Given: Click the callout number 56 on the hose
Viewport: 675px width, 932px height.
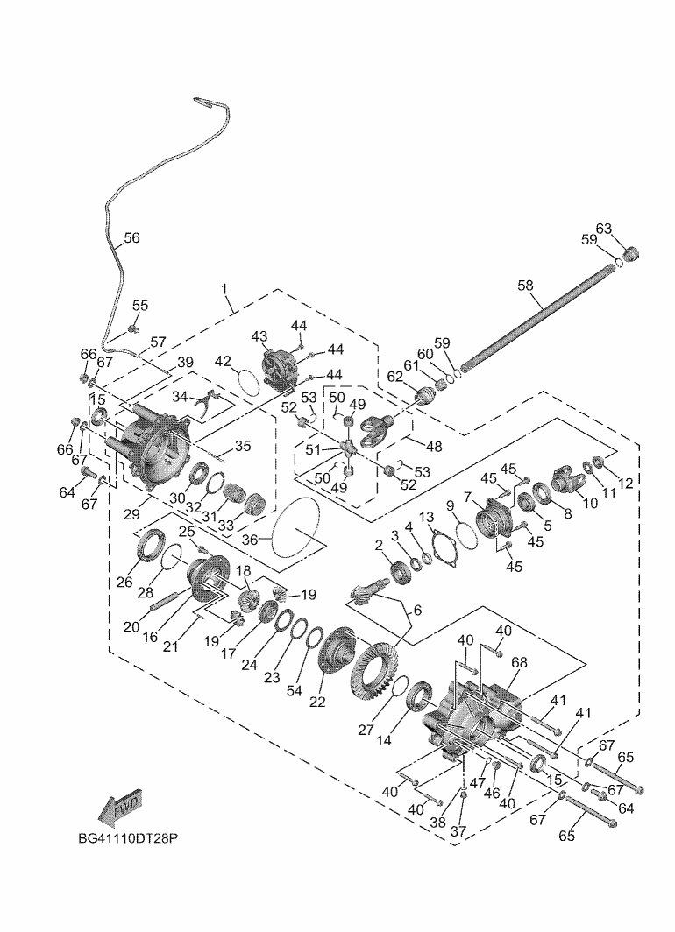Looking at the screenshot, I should click(131, 237).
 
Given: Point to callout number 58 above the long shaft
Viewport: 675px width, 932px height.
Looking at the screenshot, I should click(525, 285).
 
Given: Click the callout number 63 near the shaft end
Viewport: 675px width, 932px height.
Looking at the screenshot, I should click(603, 229).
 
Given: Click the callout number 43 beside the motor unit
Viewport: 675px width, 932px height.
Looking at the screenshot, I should click(259, 336).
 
